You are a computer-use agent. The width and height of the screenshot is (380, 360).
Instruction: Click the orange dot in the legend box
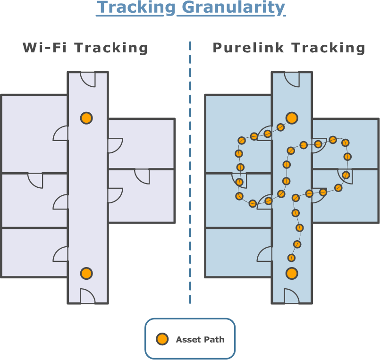tap(162, 339)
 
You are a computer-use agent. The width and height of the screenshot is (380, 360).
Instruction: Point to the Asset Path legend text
tap(200, 339)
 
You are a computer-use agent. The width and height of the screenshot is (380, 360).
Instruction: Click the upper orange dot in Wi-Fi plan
tap(86, 118)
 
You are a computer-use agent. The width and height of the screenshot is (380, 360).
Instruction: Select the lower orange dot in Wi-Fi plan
tap(86, 273)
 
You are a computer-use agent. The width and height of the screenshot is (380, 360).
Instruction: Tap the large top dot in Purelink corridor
tap(292, 118)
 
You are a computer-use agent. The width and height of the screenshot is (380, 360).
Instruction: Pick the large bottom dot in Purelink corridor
tap(292, 273)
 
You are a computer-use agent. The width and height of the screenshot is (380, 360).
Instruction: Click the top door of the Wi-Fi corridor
tap(88, 79)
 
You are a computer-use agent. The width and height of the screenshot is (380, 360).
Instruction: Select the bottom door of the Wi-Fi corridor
tap(87, 296)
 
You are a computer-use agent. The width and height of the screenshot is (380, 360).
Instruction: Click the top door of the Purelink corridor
tap(292, 79)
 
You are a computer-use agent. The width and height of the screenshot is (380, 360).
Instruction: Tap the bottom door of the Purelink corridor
tap(291, 296)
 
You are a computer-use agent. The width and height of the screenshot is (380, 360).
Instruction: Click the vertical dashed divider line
tap(190, 189)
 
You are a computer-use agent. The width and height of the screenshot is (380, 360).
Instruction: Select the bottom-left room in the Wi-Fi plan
tap(28, 252)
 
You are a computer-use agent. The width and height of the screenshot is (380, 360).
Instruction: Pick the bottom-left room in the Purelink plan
tap(231, 252)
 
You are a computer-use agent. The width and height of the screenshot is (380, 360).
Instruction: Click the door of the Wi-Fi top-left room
tap(61, 134)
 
